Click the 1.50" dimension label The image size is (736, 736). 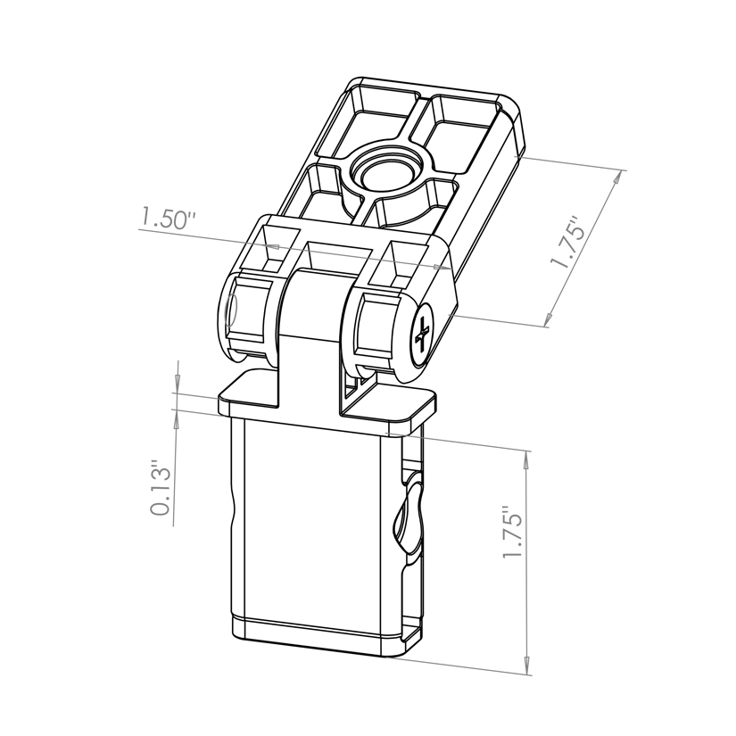point(167,219)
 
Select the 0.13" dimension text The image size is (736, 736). point(161,489)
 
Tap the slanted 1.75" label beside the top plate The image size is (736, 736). point(568,243)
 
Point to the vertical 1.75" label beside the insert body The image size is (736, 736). point(511,534)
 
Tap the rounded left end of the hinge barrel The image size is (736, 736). point(230,313)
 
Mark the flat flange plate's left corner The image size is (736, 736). point(223,400)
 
